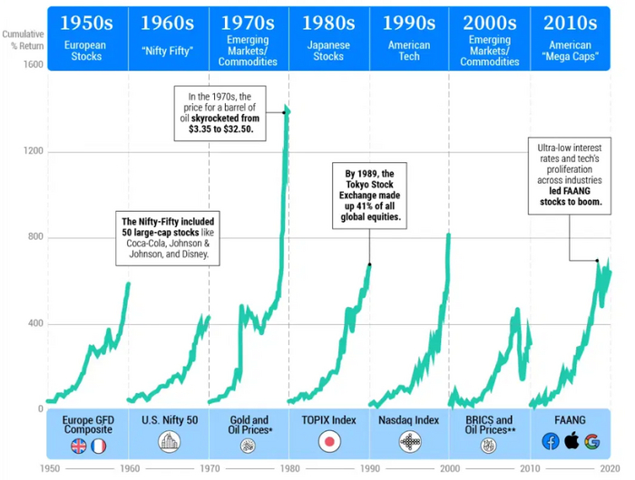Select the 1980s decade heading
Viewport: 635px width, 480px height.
(x=328, y=21)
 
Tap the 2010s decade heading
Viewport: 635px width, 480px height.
(x=571, y=21)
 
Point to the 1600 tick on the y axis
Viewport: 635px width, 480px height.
(x=33, y=65)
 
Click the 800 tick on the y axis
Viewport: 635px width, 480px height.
(x=34, y=237)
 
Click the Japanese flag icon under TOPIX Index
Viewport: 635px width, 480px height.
(x=328, y=443)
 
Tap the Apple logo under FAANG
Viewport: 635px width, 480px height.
(x=571, y=442)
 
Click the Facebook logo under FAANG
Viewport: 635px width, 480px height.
(x=551, y=442)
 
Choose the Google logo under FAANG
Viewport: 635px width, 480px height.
(x=592, y=442)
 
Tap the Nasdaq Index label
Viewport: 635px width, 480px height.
(x=409, y=421)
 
